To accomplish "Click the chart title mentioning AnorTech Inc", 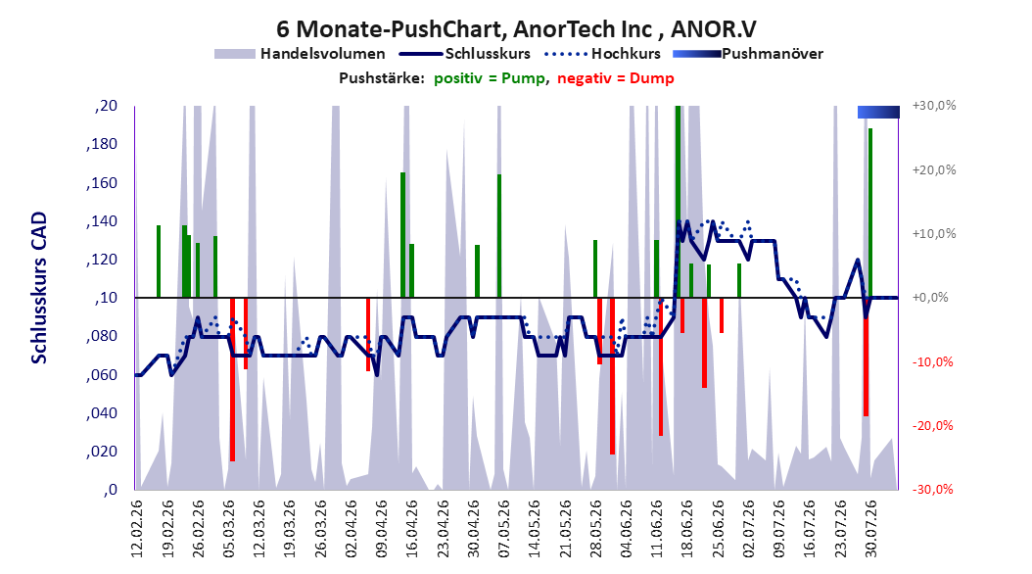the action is (516, 29).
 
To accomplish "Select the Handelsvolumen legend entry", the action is (301, 54).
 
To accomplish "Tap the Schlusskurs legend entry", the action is (465, 54).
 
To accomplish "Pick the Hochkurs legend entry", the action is (603, 54).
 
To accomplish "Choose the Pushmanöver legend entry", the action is (748, 54).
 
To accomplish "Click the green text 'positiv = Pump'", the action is (489, 78).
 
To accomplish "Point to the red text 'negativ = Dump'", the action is (616, 78).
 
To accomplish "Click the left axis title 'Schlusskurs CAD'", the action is (39, 288).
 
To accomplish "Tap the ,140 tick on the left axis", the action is (102, 221).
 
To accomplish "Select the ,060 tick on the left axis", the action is (102, 375).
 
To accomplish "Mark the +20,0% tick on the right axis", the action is (934, 169).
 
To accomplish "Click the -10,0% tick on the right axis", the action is (932, 362).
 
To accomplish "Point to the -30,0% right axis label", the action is (932, 490).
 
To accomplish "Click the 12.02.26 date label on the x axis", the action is (136, 529).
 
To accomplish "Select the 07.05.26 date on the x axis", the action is (503, 529).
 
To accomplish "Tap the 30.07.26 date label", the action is (870, 529).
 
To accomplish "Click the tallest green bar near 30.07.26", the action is (870, 213).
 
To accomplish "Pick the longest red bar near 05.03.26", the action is (232, 379).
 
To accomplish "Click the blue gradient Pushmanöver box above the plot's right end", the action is (878, 112).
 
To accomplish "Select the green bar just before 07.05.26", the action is (499, 236).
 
